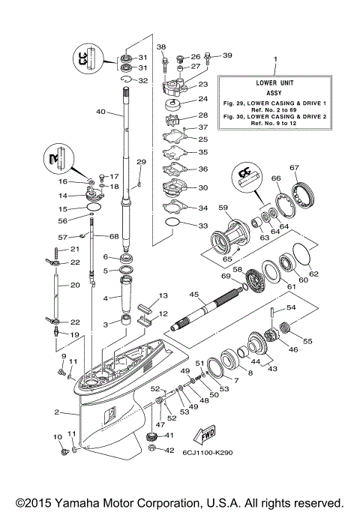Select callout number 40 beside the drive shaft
[x=100, y=112]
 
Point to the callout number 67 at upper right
[x=295, y=168]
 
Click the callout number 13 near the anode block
[x=163, y=296]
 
